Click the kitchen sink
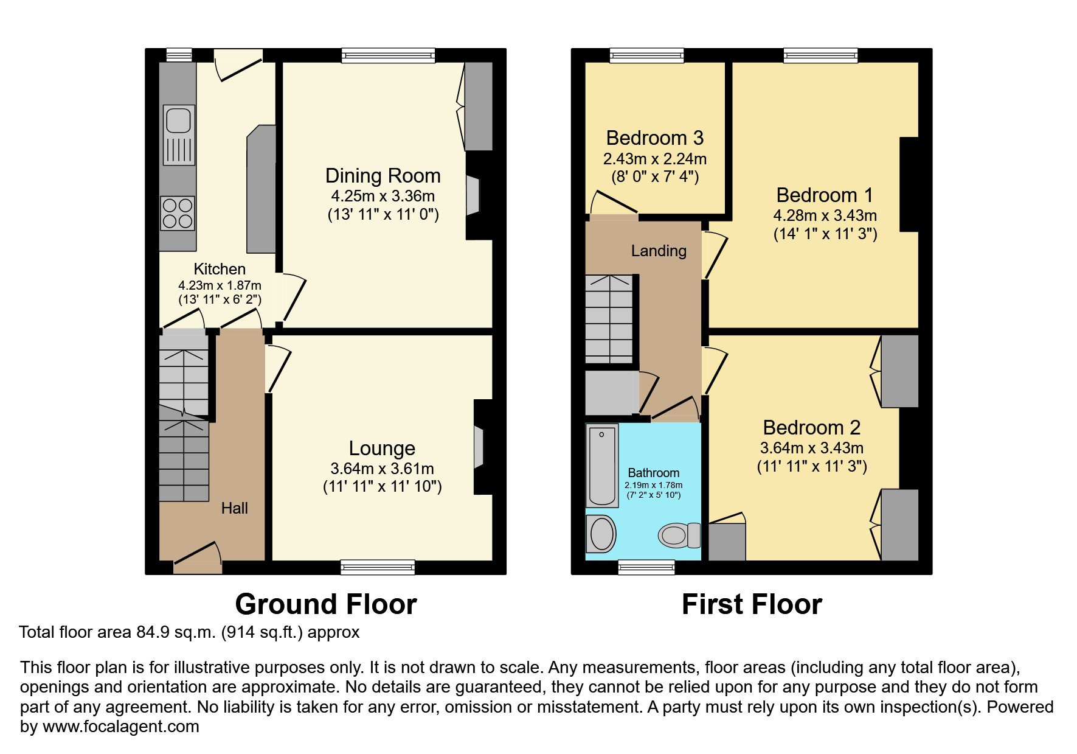(179, 134)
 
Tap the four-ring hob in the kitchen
(178, 213)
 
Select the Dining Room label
(383, 176)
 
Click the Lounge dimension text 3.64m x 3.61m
(383, 469)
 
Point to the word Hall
(235, 508)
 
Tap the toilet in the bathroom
(679, 536)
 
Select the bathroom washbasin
(601, 534)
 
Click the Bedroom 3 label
(655, 138)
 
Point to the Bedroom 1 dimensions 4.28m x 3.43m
(825, 215)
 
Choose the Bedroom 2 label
(812, 428)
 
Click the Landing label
(659, 251)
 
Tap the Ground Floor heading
(326, 604)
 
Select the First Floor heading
(752, 604)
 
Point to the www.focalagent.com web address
(121, 727)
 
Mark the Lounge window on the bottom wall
(378, 567)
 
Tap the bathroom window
(646, 567)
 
